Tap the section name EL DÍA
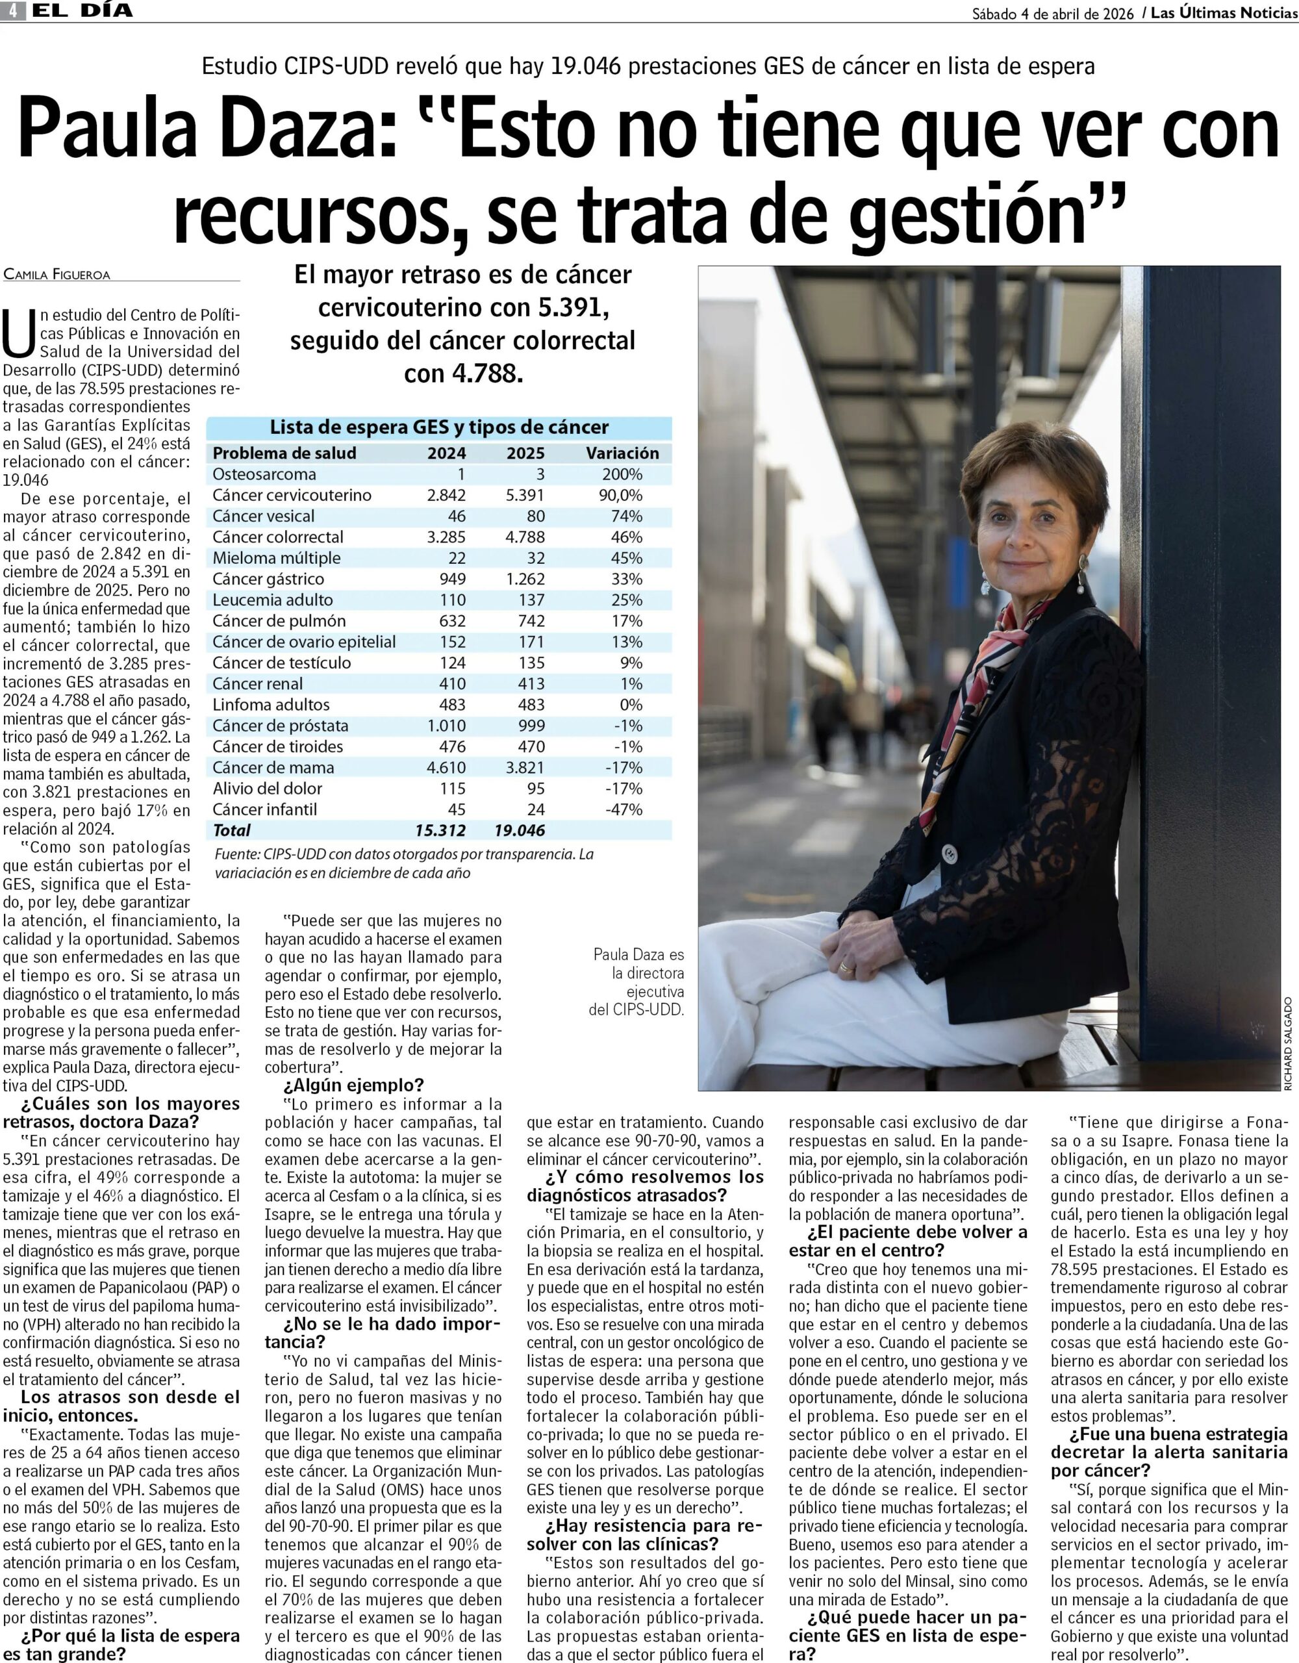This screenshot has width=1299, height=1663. (x=83, y=10)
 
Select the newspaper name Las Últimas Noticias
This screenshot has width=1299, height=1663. (x=1223, y=13)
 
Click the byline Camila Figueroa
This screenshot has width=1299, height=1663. (x=57, y=274)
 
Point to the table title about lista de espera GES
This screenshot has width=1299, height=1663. (x=439, y=427)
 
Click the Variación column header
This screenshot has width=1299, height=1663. (x=622, y=453)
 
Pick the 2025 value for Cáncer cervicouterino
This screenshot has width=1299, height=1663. (x=525, y=495)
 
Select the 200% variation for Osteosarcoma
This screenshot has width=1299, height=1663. (x=622, y=474)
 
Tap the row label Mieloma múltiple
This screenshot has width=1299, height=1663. (x=277, y=558)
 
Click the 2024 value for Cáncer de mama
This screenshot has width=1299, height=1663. (x=446, y=768)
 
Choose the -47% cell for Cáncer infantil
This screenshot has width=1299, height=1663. (x=624, y=809)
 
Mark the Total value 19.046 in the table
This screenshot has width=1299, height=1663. (x=520, y=831)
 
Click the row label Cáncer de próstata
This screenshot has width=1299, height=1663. (x=280, y=726)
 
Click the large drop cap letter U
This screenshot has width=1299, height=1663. (x=19, y=333)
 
